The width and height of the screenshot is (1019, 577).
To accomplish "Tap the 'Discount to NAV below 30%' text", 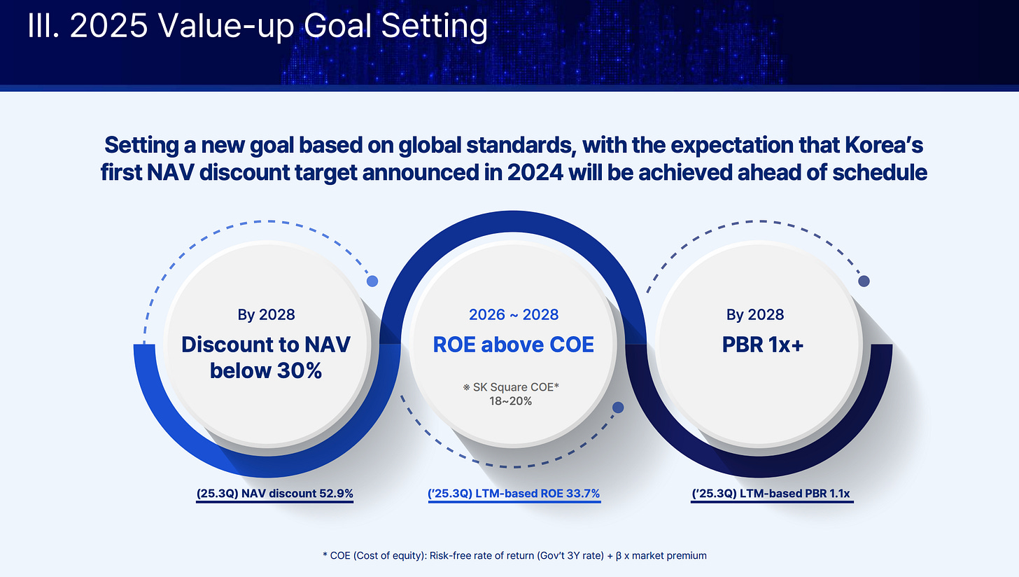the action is point(266,357).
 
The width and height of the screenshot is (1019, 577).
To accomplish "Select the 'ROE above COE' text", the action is point(514,345).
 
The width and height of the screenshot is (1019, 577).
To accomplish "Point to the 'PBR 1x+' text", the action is point(763,345).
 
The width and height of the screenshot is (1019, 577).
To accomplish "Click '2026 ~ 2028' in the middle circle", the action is point(514,314).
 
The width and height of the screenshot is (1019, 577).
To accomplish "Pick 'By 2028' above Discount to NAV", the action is point(266,314).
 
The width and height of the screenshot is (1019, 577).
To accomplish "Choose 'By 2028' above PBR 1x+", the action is point(755,314).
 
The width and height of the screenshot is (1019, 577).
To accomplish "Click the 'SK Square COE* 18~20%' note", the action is point(511,394).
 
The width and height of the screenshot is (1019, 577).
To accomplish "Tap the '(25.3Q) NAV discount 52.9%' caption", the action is point(275,494).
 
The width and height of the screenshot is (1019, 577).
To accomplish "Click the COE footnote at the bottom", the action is point(514,555).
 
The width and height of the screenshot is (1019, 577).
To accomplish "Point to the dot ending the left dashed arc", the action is point(372,281).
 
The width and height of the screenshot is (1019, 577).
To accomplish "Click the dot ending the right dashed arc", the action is point(864,281).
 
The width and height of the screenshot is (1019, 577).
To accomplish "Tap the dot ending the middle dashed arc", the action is point(618,408).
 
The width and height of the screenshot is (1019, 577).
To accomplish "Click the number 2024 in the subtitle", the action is point(535,173).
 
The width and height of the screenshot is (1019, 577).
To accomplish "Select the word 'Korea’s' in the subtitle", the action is point(884,145).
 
